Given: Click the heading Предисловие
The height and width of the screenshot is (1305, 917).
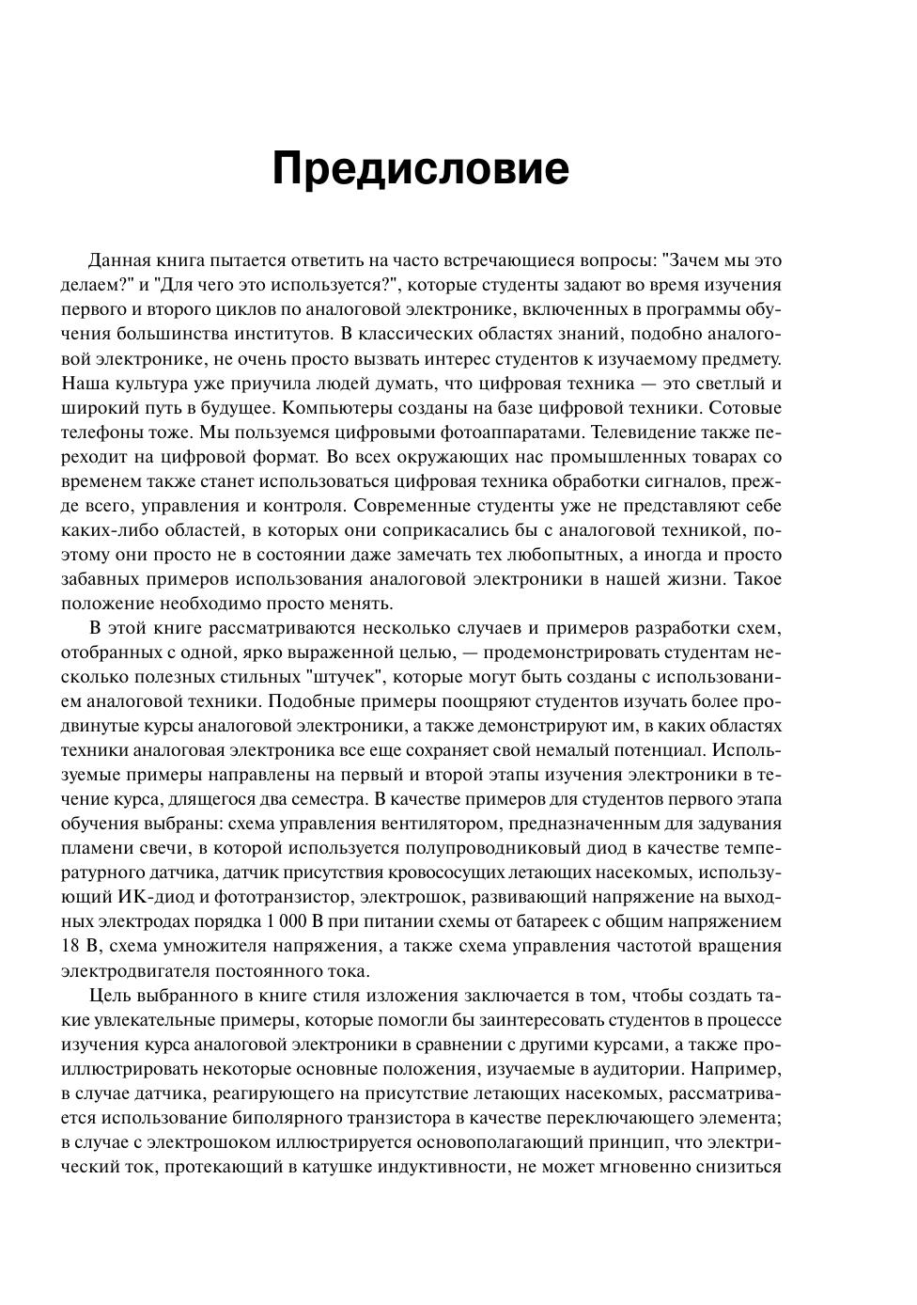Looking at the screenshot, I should [x=420, y=169].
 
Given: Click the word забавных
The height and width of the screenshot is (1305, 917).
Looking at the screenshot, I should [x=97, y=579].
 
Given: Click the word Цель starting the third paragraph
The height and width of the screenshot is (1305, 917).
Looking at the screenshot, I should [x=110, y=996].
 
